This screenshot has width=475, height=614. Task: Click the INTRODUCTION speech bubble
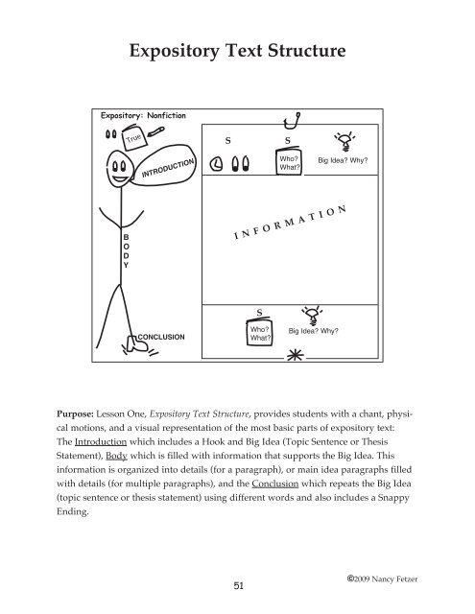click(x=169, y=172)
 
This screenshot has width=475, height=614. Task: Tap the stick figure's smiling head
click(x=121, y=177)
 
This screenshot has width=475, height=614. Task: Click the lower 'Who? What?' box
click(x=258, y=332)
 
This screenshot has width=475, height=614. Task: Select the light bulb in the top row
click(x=344, y=138)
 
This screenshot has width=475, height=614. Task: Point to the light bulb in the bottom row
click(x=311, y=313)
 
